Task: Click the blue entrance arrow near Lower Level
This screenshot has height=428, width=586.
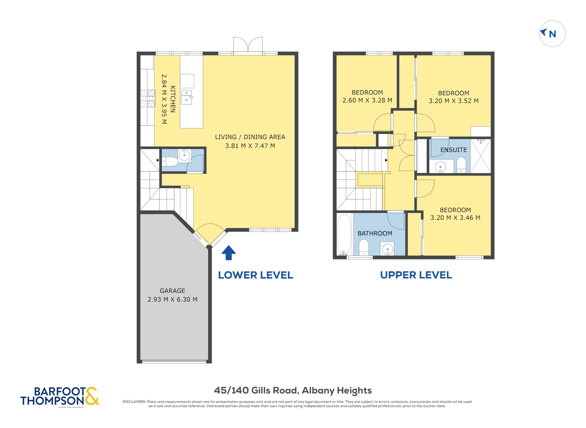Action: (x=228, y=253)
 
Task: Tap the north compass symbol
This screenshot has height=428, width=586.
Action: (x=552, y=34)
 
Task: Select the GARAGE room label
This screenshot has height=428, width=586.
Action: (x=172, y=291)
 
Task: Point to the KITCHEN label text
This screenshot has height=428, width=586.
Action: (x=173, y=99)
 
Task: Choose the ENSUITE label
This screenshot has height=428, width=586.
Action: (x=454, y=150)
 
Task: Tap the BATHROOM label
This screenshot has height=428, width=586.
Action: (x=375, y=233)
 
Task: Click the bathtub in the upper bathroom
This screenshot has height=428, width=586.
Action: (x=344, y=234)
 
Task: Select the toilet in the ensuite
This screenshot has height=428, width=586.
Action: (x=461, y=165)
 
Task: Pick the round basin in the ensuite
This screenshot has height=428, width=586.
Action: (x=440, y=166)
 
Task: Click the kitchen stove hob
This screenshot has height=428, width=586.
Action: (x=148, y=99)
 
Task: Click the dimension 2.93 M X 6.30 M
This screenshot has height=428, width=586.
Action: (x=172, y=300)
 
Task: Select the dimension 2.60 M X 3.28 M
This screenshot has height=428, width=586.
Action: (x=367, y=100)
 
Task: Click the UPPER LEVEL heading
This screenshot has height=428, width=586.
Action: (x=416, y=275)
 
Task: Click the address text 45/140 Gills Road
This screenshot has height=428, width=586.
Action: (x=257, y=390)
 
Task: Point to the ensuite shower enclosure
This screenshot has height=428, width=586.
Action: (x=481, y=156)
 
